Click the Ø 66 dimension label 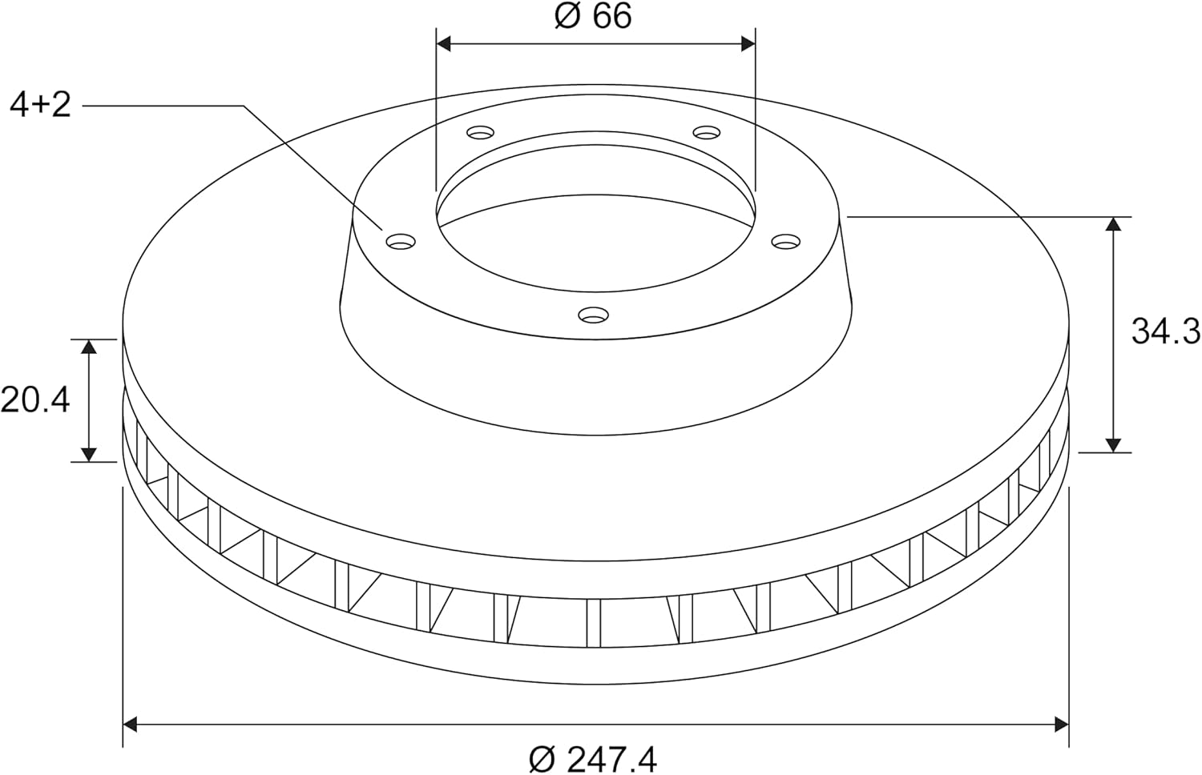tap(592, 16)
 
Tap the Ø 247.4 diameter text tap(592, 759)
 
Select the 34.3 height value tap(1165, 331)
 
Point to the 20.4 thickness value tap(35, 400)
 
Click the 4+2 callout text tap(41, 105)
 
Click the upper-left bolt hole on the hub tap(480, 131)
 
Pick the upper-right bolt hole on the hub tap(707, 131)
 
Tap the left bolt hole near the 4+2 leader tap(401, 242)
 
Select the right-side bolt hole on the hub tap(785, 242)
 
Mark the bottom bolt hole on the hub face tap(593, 315)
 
